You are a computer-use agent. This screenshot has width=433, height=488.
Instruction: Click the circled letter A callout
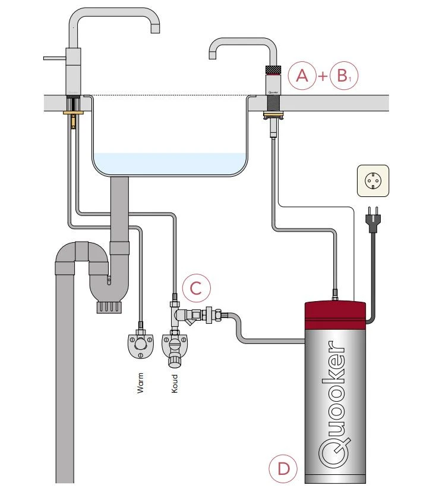pyautogui.click(x=302, y=76)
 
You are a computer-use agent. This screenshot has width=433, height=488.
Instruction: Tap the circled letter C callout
pyautogui.click(x=196, y=289)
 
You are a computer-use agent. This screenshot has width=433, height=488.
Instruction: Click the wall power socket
pyautogui.click(x=372, y=180)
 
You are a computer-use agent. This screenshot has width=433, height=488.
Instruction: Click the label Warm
pyautogui.click(x=141, y=383)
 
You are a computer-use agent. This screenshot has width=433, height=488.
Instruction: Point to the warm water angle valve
pyautogui.click(x=141, y=343)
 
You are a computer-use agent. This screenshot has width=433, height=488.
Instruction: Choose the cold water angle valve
pyautogui.click(x=174, y=345)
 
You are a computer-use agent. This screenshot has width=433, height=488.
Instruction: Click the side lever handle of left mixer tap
pyautogui.click(x=53, y=58)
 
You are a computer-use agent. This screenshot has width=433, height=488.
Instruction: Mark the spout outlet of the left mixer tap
pyautogui.click(x=154, y=28)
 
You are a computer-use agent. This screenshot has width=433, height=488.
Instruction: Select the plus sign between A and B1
pyautogui.click(x=323, y=77)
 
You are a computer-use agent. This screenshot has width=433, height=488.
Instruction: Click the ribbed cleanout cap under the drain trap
pyautogui.click(x=108, y=306)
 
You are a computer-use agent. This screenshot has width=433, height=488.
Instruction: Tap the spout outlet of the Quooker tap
pyautogui.click(x=213, y=55)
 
